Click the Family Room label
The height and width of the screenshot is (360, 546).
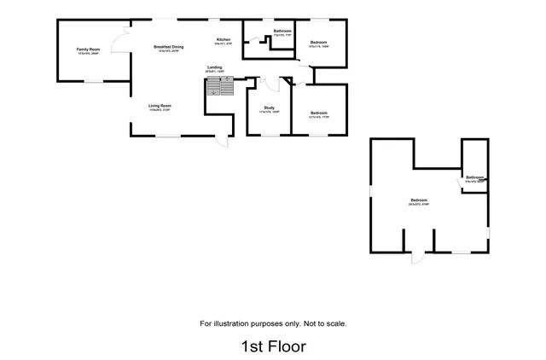click(87, 50)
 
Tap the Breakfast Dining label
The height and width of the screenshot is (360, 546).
click(167, 47)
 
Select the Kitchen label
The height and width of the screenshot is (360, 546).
click(224, 40)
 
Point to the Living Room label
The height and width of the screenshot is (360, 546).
click(160, 106)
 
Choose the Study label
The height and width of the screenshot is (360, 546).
click(269, 107)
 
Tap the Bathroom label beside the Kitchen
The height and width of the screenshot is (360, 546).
click(282, 32)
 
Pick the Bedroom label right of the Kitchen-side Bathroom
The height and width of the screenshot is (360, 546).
click(319, 42)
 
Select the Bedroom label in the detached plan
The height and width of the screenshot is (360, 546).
click(418, 200)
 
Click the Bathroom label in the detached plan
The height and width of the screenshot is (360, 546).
click(475, 177)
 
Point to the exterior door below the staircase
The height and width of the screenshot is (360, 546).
click(221, 142)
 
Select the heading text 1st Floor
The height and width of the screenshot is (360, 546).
click(273, 346)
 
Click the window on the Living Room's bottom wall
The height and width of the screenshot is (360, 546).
click(171, 135)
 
